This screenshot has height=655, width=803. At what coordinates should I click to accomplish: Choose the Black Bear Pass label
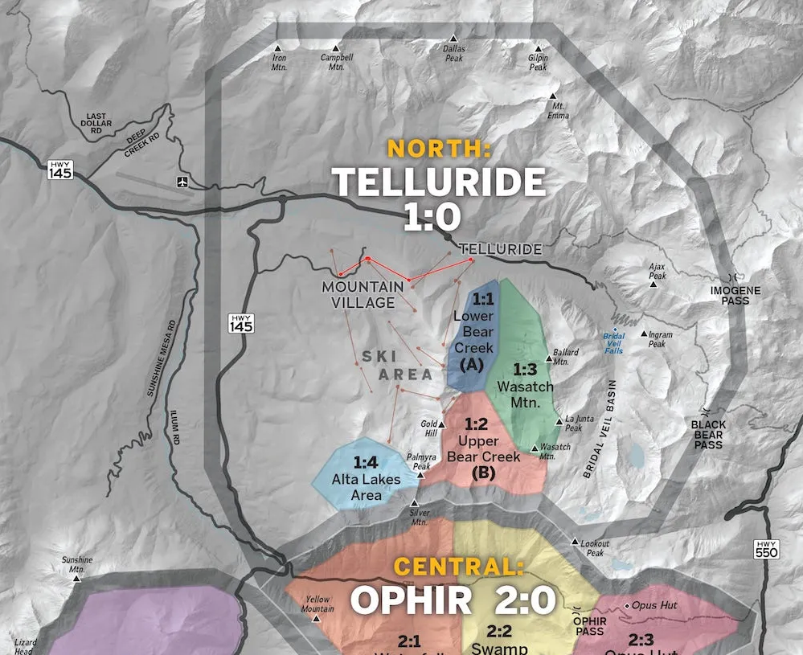click(708, 435)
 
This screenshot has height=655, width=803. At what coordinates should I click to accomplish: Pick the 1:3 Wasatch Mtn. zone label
click(525, 386)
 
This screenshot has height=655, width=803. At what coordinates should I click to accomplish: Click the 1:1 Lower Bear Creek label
click(473, 331)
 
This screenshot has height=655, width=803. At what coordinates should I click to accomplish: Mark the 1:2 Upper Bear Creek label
click(484, 448)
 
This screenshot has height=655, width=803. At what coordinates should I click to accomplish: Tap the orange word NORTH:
click(438, 149)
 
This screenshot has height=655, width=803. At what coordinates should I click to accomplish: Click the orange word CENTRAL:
click(458, 567)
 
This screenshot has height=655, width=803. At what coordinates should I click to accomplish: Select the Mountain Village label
click(363, 295)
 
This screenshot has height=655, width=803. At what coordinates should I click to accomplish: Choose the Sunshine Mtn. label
click(77, 565)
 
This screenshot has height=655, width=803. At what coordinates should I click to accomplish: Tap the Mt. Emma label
click(558, 111)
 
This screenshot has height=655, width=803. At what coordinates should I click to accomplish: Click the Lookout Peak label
click(595, 548)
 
